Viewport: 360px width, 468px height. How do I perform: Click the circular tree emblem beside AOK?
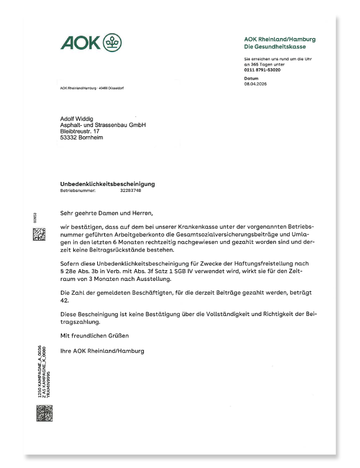[112, 43]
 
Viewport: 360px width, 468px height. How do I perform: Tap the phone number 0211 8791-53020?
[262, 70]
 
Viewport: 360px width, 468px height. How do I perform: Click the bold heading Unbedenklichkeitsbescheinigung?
[107, 184]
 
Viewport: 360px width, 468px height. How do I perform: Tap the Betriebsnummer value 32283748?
[131, 190]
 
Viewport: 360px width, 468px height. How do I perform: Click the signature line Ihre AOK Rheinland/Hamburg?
[102, 351]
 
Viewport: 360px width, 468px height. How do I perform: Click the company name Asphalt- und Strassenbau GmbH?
[103, 126]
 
